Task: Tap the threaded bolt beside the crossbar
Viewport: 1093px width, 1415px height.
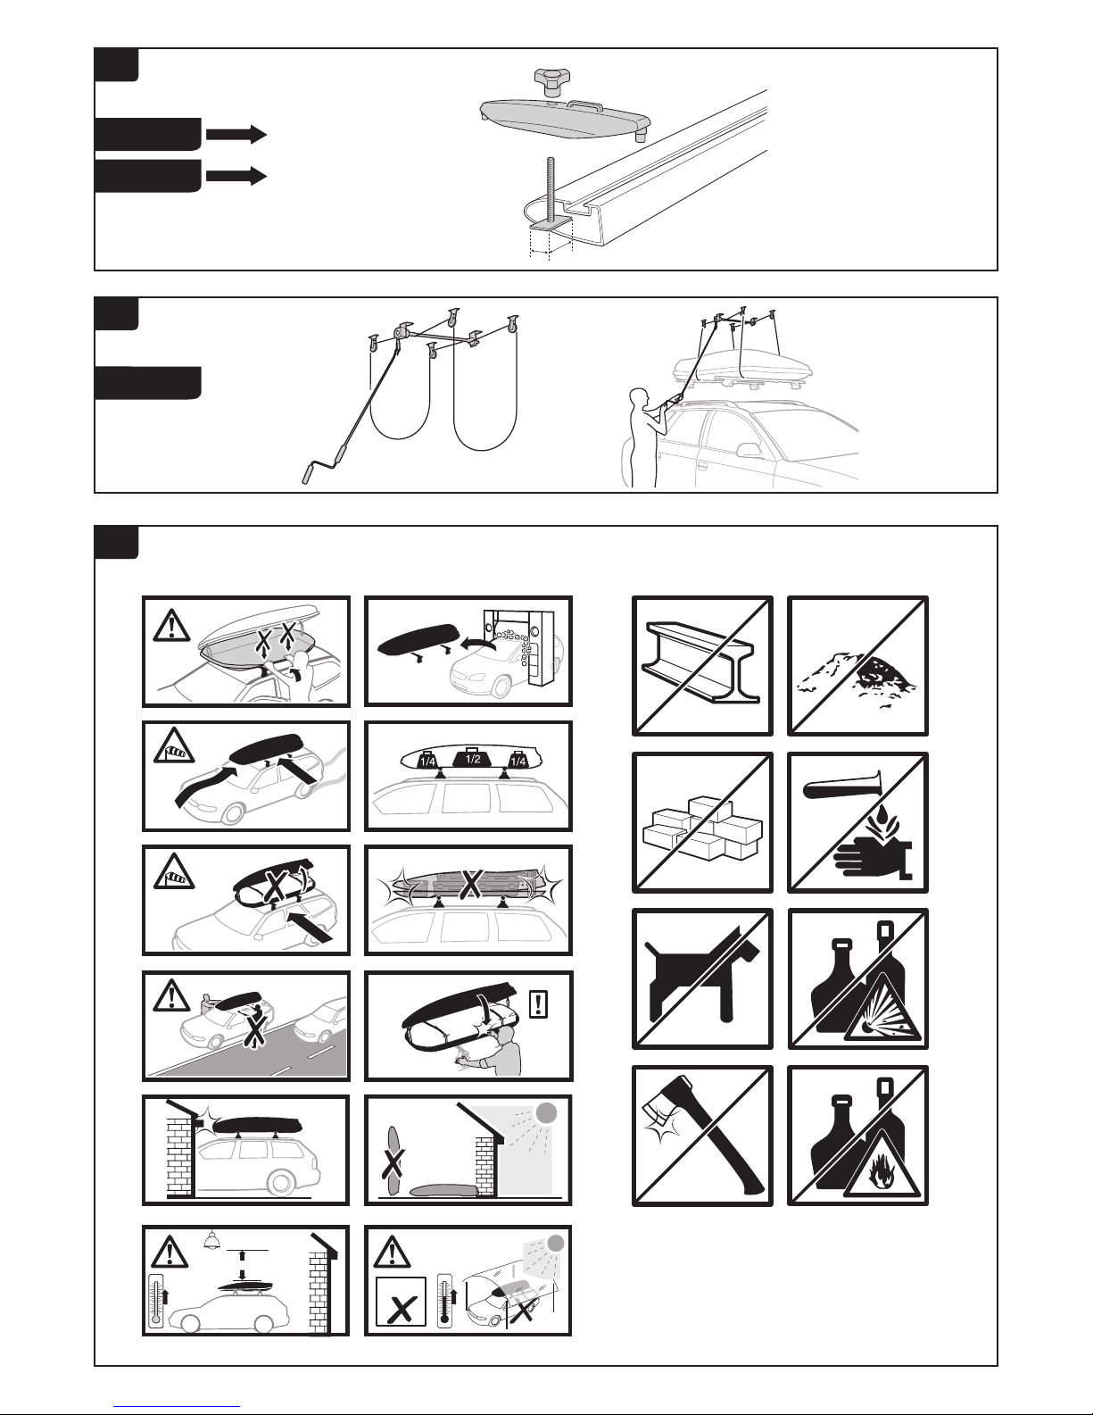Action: click(x=551, y=190)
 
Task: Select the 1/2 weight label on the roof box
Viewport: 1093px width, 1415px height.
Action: click(x=472, y=758)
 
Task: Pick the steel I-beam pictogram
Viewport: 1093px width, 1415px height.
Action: click(x=700, y=662)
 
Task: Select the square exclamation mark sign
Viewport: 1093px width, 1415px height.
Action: click(x=539, y=1003)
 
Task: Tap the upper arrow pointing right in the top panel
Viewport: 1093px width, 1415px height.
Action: click(x=236, y=134)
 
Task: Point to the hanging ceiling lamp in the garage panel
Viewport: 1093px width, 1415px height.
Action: click(x=211, y=1240)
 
